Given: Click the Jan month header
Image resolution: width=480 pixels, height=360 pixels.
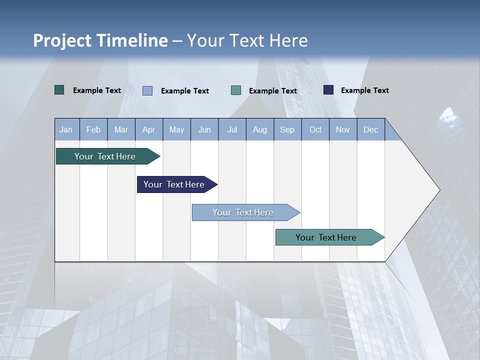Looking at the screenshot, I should [x=66, y=129].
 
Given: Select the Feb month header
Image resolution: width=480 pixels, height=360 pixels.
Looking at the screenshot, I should [x=93, y=129].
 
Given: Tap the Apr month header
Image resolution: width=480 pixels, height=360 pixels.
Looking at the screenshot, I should [x=149, y=129].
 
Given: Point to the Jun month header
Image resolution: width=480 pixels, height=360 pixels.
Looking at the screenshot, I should [x=204, y=129].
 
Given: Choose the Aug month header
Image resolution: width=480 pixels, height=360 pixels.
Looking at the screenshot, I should [x=260, y=129].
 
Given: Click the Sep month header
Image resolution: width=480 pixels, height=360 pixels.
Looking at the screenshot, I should [x=287, y=129].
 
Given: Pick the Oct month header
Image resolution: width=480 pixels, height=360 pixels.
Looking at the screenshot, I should [x=315, y=129].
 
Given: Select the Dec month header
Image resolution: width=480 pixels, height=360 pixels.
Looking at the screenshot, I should [x=371, y=129].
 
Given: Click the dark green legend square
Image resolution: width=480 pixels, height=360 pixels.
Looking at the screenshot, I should [x=59, y=90].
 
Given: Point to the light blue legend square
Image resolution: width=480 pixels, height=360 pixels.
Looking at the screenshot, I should [x=147, y=90].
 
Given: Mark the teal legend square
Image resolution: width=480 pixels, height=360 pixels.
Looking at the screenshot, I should [x=236, y=90].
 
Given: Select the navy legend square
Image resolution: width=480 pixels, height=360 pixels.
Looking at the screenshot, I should [x=328, y=90].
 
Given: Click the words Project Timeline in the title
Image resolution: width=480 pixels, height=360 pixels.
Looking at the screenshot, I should [x=100, y=40].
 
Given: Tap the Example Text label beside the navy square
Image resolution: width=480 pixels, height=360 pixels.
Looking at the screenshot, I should [x=364, y=90].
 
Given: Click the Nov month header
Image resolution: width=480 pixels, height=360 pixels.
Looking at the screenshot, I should [x=343, y=129].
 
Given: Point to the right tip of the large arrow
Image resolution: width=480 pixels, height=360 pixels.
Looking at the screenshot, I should [x=439, y=190].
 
